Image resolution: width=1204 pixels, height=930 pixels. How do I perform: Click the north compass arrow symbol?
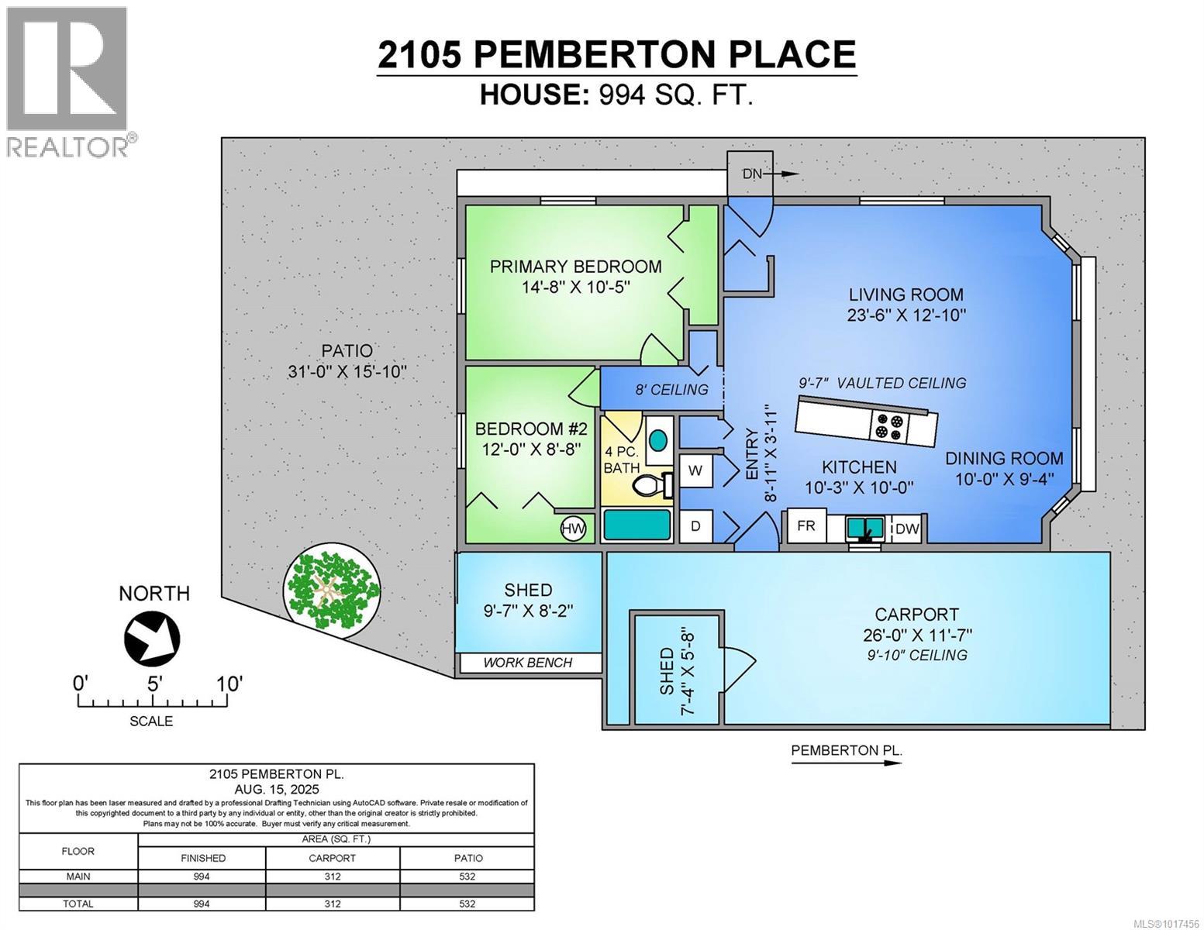click(152, 638)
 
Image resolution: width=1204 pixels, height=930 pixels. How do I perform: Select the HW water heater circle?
click(573, 529)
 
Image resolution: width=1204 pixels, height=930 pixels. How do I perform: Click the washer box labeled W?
click(695, 470)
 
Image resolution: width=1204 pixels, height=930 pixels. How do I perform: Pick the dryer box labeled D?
click(695, 526)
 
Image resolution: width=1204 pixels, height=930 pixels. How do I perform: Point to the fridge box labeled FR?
click(806, 526)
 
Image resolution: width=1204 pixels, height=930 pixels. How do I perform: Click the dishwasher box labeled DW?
click(907, 529)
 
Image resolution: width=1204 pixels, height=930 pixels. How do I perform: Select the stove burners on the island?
click(888, 427)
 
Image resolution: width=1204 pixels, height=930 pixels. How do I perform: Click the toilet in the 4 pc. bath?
click(650, 487)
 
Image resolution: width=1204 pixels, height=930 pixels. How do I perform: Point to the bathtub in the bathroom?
click(636, 525)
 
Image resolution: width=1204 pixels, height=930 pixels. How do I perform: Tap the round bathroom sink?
click(658, 440)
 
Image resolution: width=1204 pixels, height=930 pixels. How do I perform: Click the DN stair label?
click(752, 174)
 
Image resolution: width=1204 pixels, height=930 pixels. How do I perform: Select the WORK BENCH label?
click(527, 663)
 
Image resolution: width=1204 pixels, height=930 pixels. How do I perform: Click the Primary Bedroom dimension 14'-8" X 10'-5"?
click(576, 287)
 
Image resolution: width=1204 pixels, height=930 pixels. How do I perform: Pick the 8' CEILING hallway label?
click(671, 390)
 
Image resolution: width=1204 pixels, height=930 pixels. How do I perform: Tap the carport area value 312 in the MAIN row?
click(333, 877)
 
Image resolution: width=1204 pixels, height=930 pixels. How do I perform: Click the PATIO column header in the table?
click(467, 858)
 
